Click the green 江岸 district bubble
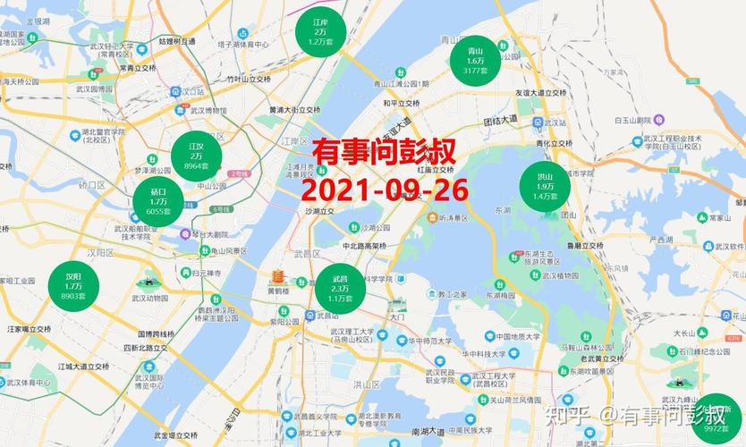point(320,32)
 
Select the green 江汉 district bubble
point(196,154)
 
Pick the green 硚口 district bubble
point(158,201)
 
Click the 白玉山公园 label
point(636,119)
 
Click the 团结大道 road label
point(501,119)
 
